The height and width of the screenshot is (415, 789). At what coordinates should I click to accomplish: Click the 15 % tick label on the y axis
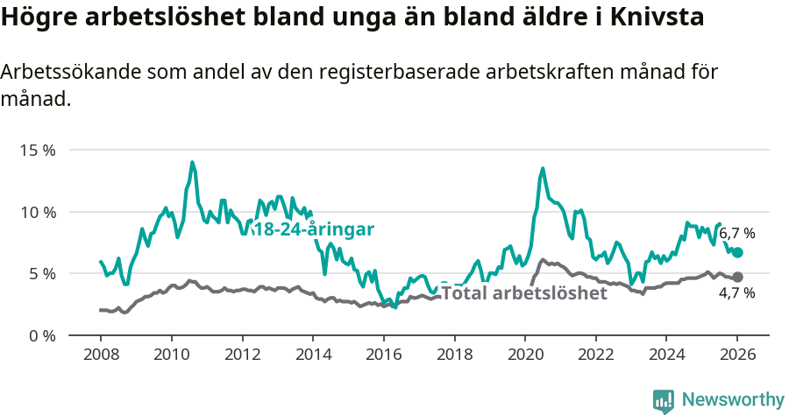pyautogui.click(x=37, y=150)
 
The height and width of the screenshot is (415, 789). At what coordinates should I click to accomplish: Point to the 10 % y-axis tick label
pyautogui.click(x=37, y=212)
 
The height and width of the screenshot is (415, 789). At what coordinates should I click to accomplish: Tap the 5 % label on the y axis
pyautogui.click(x=40, y=273)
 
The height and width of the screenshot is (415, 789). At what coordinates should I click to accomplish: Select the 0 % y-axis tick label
pyautogui.click(x=40, y=335)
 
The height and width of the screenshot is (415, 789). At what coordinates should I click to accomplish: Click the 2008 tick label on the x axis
pyautogui.click(x=100, y=356)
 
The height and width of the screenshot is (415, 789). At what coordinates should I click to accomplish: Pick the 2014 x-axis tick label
pyautogui.click(x=312, y=356)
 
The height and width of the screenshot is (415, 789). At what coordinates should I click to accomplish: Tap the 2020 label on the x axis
pyautogui.click(x=524, y=356)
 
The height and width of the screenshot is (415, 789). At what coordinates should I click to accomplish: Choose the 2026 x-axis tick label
pyautogui.click(x=736, y=356)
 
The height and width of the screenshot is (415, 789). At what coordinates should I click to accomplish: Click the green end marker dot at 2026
pyautogui.click(x=737, y=252)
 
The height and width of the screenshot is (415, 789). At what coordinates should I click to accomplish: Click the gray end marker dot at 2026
pyautogui.click(x=737, y=277)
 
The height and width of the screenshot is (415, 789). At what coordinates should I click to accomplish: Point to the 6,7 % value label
pyautogui.click(x=736, y=234)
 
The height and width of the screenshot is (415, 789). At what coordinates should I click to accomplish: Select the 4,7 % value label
pyautogui.click(x=736, y=293)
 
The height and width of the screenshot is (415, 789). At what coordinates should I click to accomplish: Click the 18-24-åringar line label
pyautogui.click(x=314, y=229)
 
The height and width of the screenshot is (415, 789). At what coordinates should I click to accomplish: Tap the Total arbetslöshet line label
pyautogui.click(x=523, y=293)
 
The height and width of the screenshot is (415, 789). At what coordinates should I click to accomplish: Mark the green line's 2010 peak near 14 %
pyautogui.click(x=192, y=162)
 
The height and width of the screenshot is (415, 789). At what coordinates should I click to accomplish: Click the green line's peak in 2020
pyautogui.click(x=543, y=168)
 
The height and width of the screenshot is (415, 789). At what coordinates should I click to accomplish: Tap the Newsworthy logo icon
pyautogui.click(x=664, y=400)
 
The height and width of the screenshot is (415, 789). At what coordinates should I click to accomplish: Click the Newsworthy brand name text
pyautogui.click(x=733, y=400)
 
